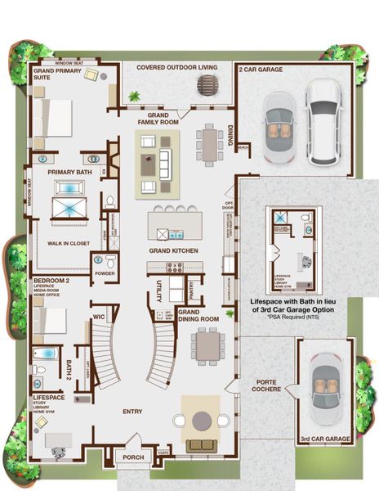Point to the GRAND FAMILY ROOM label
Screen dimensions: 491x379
(x=158, y=118)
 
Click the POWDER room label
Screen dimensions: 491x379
(x=104, y=274)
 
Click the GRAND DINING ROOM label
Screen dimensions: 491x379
(x=198, y=315)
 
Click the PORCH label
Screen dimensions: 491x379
(x=132, y=458)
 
